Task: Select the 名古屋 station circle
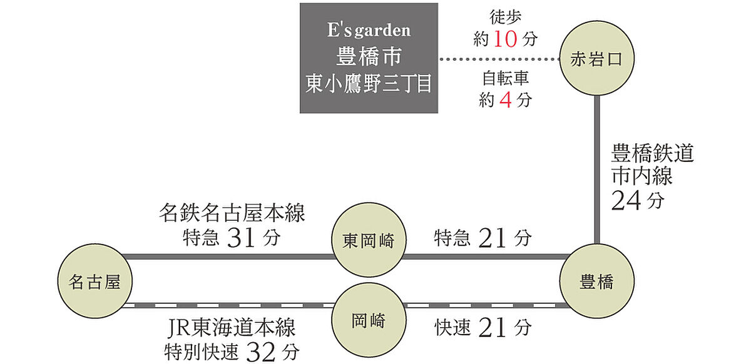93,282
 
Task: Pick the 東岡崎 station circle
368,241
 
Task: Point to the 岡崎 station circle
368,322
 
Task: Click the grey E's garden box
368,58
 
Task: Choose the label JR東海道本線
232,328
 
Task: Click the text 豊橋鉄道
652,154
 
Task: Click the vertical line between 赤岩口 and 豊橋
597,169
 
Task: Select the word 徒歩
506,18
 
